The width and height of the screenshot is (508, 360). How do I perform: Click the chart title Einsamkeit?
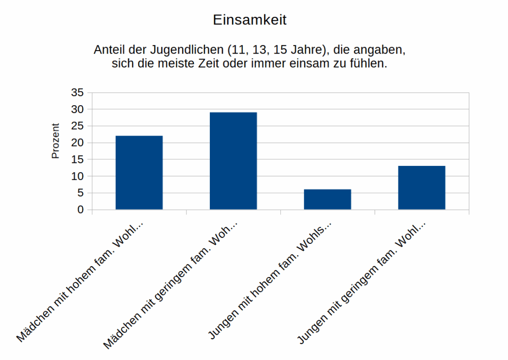point(250,20)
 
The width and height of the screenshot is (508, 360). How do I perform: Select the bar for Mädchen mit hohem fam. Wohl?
point(139,172)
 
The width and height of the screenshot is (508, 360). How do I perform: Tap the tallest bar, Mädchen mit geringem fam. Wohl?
point(233,161)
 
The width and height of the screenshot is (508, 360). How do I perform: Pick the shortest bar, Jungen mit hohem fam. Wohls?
point(327,199)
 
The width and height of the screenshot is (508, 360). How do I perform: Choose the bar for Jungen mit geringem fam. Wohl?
point(422,187)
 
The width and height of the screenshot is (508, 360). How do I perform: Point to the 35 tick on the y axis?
point(78,92)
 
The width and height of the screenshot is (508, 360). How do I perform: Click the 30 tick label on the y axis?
point(78,109)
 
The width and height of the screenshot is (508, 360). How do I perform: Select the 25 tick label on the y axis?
point(78,126)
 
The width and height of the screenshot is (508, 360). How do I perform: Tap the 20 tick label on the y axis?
point(78,143)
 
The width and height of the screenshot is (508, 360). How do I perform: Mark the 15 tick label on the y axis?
point(78,159)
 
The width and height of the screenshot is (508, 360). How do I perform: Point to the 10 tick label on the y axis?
point(78,176)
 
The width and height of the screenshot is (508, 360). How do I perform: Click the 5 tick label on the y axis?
point(80,193)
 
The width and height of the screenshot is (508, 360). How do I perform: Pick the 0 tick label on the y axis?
point(80,210)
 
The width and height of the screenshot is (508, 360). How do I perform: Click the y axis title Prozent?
point(56,141)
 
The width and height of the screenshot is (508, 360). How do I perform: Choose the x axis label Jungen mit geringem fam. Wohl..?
point(361,283)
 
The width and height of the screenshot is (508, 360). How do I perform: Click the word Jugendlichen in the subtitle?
point(189,51)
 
